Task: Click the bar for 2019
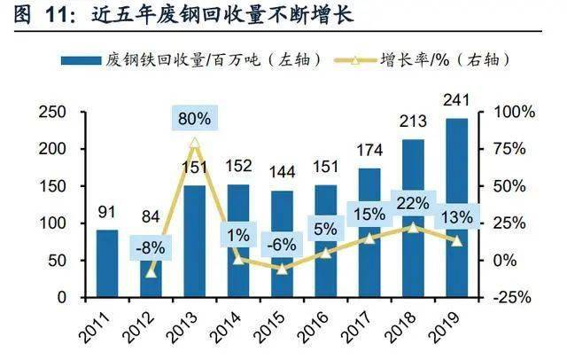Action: (x=457, y=208)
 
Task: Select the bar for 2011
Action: (x=107, y=263)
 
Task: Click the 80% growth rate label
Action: (x=194, y=117)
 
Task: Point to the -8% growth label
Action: (x=150, y=248)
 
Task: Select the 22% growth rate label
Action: (x=414, y=203)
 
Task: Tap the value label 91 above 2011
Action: (x=107, y=213)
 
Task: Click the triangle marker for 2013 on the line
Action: (x=195, y=142)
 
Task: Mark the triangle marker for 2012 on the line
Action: (x=151, y=271)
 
